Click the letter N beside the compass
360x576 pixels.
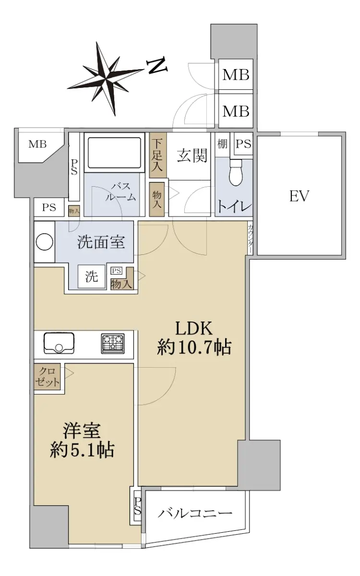[157, 66]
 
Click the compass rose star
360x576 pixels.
[106, 78]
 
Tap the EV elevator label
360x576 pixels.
[299, 196]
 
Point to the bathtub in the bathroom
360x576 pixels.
[114, 153]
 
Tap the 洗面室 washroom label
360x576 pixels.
[101, 242]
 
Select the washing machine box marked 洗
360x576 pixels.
[92, 276]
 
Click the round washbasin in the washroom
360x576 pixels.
[45, 242]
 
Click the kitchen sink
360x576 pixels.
[59, 343]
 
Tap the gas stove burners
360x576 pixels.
[113, 344]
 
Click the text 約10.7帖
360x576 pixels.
[194, 347]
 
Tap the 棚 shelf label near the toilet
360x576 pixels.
[222, 144]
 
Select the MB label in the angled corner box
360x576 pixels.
[37, 144]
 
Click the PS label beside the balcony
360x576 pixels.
[138, 506]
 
